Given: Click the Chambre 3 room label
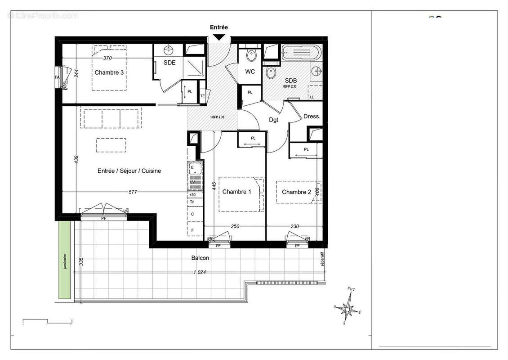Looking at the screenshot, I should [109, 72].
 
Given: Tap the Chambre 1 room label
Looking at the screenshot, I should [237, 192].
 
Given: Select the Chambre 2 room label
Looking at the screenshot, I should [296, 192].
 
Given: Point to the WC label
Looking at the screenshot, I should [250, 72].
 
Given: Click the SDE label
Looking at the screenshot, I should [169, 63].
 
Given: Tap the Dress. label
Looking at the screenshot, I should [312, 116].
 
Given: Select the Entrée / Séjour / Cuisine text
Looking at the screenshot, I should [129, 171].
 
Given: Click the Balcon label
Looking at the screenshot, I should [200, 258].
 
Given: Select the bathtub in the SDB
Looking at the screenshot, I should [301, 54].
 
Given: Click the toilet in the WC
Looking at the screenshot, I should [251, 56].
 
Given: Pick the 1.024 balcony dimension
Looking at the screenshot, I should [200, 272].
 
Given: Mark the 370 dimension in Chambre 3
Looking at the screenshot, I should [107, 58].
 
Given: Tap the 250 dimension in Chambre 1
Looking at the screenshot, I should [235, 226].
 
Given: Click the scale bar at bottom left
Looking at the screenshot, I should [48, 321].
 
